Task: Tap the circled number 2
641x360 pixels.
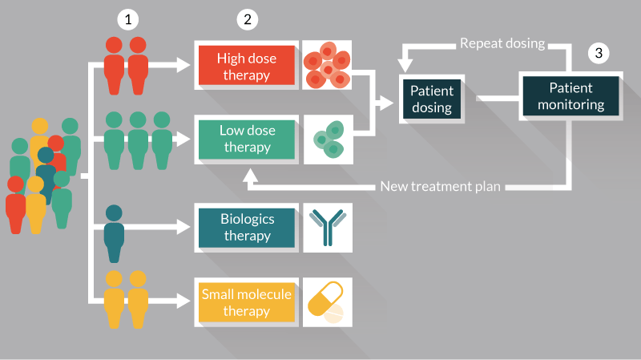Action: [248, 19]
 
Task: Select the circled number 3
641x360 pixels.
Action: [599, 54]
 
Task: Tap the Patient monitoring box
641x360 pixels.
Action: [570, 95]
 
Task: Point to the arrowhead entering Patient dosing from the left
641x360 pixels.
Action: [389, 101]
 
